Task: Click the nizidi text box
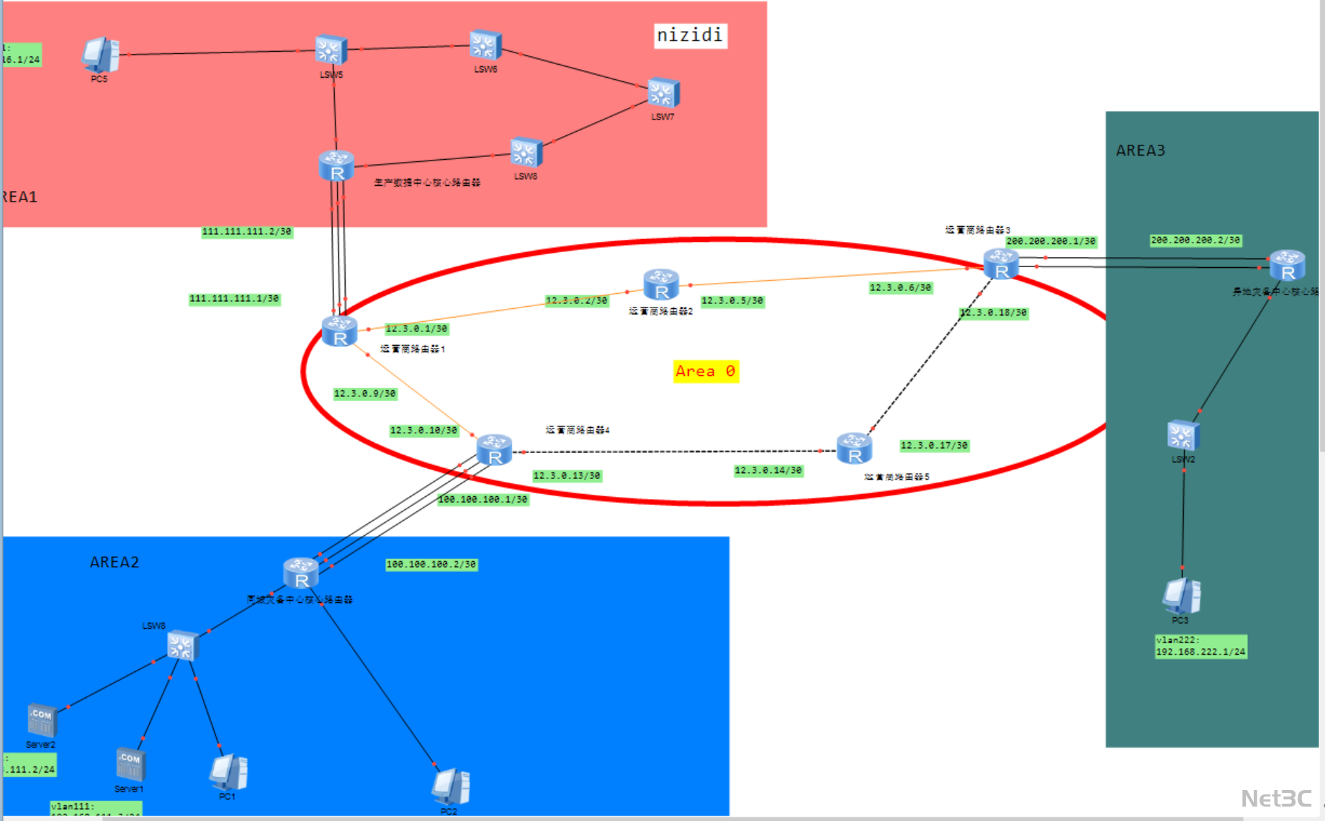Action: [690, 35]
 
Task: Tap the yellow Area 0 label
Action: [706, 371]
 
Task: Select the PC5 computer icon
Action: [99, 55]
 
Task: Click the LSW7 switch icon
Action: [662, 94]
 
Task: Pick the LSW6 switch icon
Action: [485, 45]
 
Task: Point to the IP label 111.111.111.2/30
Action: [246, 232]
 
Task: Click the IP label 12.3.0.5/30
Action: [732, 301]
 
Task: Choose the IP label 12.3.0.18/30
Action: [994, 313]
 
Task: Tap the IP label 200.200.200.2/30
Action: [1195, 241]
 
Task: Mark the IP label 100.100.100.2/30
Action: [431, 565]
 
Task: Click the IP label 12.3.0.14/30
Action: [768, 471]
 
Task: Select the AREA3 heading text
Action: [1140, 151]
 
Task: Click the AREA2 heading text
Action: [114, 562]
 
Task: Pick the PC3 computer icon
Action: [1181, 596]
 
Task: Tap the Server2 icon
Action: [42, 720]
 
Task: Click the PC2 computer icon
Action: [451, 786]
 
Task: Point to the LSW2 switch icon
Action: [1182, 436]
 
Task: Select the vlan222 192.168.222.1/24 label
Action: [1200, 646]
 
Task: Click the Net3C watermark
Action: [1276, 799]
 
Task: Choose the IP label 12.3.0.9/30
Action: [364, 394]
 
